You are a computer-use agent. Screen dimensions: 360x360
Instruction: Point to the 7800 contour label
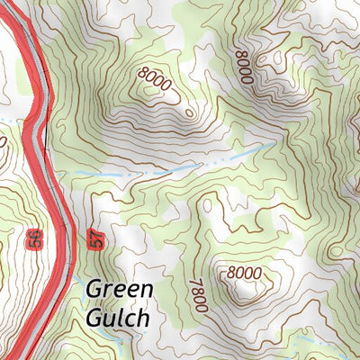pyautogui.click(x=198, y=294)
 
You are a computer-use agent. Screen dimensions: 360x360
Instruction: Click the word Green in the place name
pyautogui.click(x=120, y=292)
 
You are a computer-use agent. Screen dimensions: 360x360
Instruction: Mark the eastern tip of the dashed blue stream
pyautogui.click(x=274, y=143)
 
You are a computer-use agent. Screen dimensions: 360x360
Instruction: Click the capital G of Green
pyautogui.click(x=95, y=292)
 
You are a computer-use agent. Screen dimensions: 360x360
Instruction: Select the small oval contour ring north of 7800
pyautogui.click(x=208, y=205)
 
